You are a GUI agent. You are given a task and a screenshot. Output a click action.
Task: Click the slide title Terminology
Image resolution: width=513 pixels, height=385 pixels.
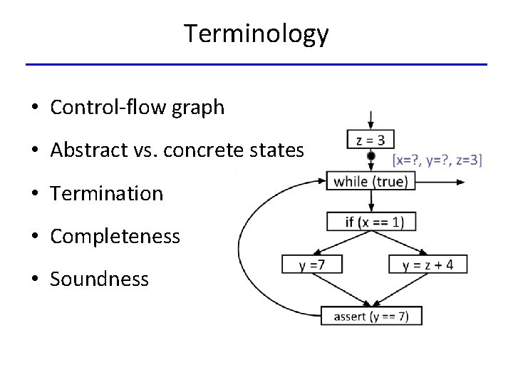256,33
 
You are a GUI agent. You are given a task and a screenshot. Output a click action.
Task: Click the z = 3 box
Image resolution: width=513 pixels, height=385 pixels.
370,139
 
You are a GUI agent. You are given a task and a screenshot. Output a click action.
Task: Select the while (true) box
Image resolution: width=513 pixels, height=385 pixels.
370,181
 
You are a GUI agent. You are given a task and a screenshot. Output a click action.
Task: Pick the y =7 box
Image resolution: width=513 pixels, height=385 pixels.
312,265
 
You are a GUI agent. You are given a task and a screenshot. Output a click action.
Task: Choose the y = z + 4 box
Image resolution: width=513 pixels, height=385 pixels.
427,265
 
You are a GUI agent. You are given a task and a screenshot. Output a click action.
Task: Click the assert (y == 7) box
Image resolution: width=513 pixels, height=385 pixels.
371,316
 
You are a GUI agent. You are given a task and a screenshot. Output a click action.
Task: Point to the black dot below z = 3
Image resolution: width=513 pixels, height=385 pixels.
370,156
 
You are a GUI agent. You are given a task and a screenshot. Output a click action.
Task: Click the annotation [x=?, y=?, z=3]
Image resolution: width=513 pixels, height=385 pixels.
437,160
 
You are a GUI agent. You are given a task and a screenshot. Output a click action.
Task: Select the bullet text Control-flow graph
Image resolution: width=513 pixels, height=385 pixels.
138,108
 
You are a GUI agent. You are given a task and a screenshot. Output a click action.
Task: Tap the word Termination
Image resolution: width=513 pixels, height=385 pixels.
107,193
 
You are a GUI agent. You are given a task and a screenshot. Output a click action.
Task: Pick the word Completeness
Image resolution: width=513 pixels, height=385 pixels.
115,236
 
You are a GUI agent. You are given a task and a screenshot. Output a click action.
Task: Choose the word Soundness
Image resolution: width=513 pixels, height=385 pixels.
99,279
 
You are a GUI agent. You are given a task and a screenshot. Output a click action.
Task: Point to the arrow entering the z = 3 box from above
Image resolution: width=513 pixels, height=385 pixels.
370,120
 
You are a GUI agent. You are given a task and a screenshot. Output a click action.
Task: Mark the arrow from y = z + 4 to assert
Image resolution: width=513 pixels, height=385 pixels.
403,290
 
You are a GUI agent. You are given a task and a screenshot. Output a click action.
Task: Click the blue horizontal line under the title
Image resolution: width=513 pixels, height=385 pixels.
256,65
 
